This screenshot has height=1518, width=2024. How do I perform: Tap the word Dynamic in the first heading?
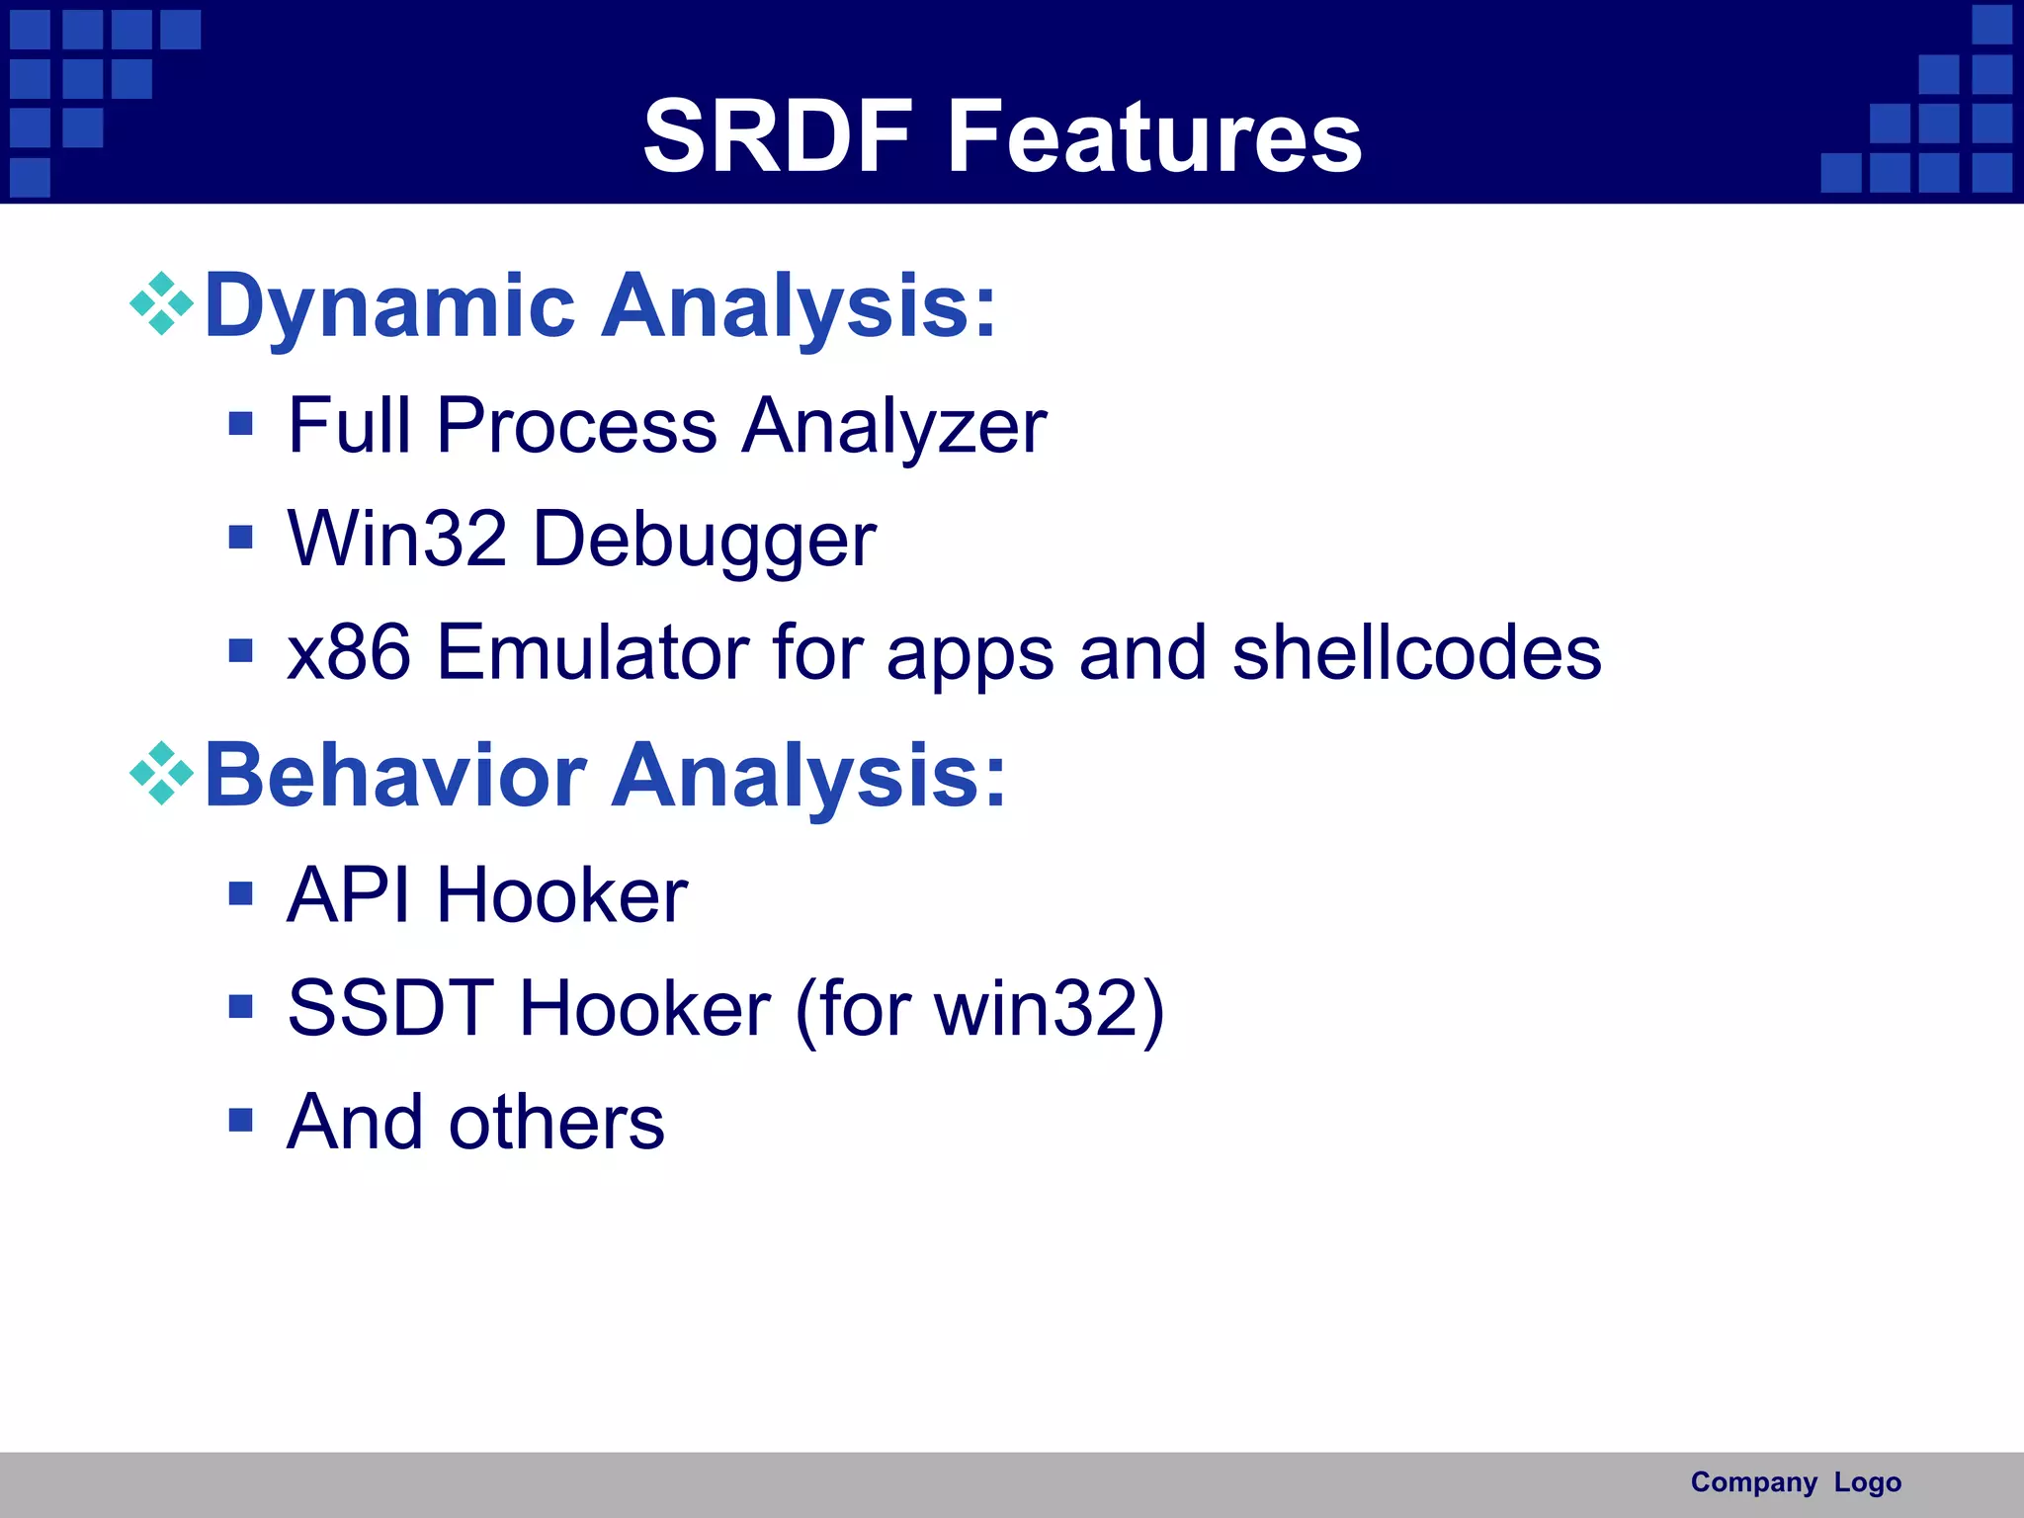coord(389,305)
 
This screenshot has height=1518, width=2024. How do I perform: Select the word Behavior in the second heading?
coord(395,776)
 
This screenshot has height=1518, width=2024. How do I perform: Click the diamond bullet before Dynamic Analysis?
coord(161,303)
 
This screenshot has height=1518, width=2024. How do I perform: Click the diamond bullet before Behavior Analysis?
coord(161,773)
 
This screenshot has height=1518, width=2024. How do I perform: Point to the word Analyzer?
coord(893,427)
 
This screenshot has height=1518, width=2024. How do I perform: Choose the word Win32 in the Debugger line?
coord(396,540)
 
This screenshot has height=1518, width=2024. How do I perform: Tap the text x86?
coord(348,653)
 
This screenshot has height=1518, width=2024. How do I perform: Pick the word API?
coord(348,895)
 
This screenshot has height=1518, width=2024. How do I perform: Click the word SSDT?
coord(390,1009)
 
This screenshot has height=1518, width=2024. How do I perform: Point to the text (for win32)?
coord(979,1010)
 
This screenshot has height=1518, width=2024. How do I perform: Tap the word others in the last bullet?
coord(556,1124)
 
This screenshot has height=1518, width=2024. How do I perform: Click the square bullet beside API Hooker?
coord(240,894)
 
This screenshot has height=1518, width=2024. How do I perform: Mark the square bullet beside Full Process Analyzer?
coord(240,425)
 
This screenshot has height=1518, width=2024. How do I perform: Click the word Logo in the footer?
coord(1867,1482)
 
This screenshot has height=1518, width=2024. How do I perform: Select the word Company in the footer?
coord(1753,1482)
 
